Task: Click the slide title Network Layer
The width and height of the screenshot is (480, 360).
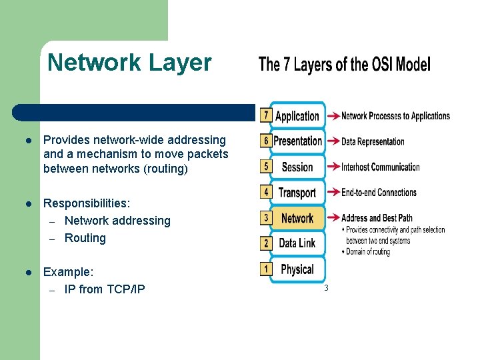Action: (x=129, y=63)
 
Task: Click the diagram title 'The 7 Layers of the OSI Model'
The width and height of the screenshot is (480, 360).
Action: (x=344, y=65)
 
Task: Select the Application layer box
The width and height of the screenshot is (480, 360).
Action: (x=297, y=116)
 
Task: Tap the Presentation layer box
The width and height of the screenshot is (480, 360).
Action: (x=297, y=141)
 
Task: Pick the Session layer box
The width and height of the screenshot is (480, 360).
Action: (x=297, y=167)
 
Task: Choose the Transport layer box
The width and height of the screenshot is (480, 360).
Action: (x=297, y=193)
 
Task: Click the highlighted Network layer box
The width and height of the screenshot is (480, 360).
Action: (x=297, y=218)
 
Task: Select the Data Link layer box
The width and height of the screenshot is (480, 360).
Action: (x=297, y=243)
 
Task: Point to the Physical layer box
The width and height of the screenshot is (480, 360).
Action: (x=297, y=269)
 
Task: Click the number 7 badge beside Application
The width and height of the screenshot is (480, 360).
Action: (x=266, y=115)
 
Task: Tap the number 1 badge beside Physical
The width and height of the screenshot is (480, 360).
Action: (x=266, y=269)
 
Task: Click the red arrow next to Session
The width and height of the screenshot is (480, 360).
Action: (x=332, y=167)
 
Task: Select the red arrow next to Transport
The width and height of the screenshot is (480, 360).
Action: (x=332, y=193)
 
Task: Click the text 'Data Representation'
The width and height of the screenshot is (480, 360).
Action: (x=373, y=141)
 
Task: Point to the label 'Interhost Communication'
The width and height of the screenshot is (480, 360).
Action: (x=381, y=167)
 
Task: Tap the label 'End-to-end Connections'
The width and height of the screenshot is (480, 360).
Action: (x=379, y=193)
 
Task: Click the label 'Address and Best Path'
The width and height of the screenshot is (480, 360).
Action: (x=377, y=218)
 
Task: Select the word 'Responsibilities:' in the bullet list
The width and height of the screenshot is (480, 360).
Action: (x=87, y=203)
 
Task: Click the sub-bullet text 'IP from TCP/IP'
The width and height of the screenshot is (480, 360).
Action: (x=105, y=289)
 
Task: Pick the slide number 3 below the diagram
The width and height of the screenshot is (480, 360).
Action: (x=326, y=288)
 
